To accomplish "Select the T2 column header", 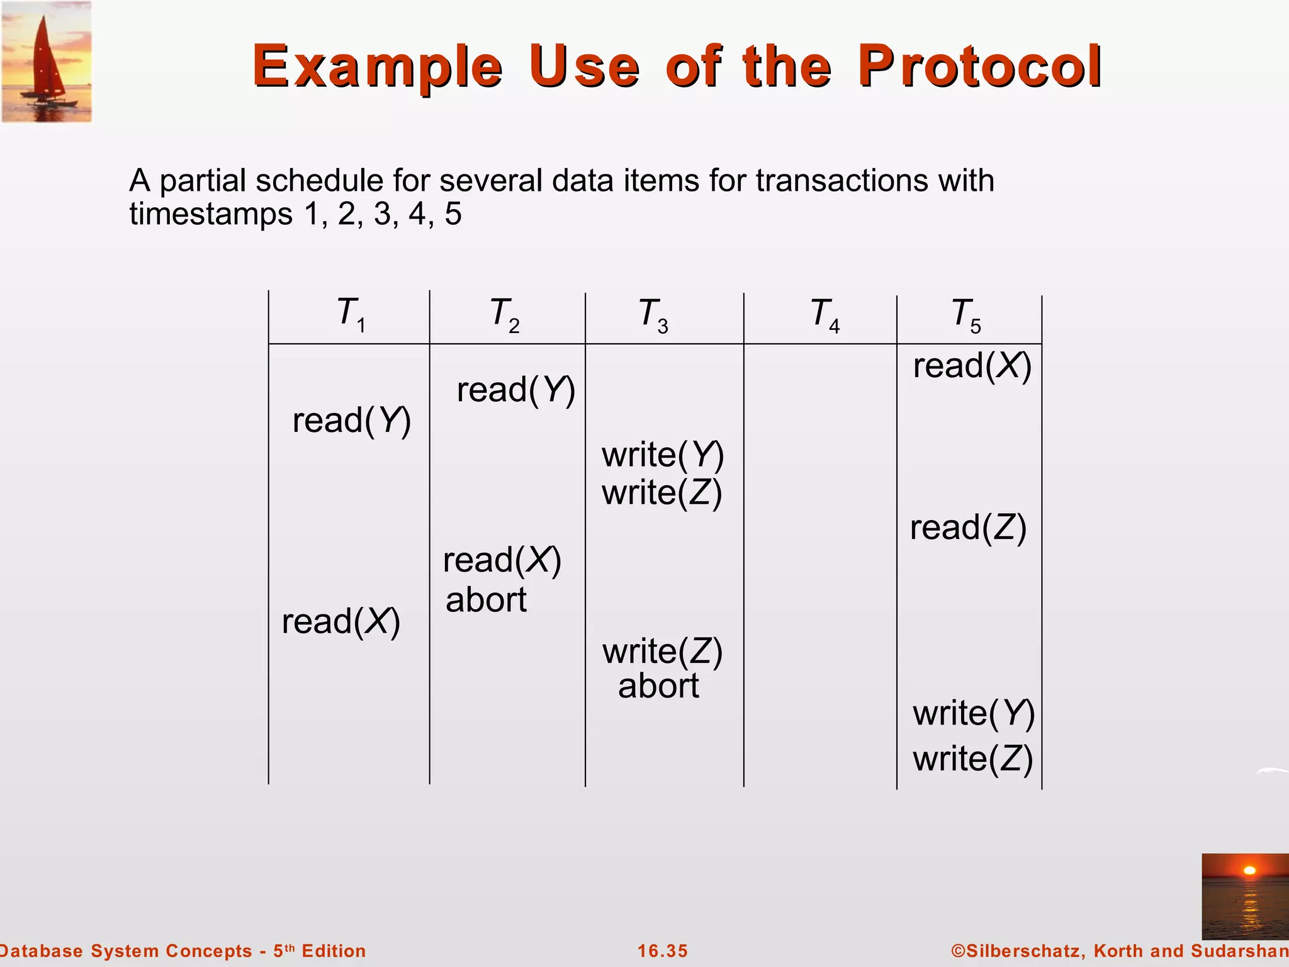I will (x=504, y=315).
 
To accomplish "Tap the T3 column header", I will (x=653, y=315).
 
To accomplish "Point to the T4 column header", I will (x=825, y=315).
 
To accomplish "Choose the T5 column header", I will (x=965, y=315).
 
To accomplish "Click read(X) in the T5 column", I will (x=972, y=366).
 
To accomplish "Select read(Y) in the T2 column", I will (x=515, y=390).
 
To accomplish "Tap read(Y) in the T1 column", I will (x=351, y=421).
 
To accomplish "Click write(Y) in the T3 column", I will (x=662, y=455).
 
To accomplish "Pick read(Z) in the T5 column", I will (x=968, y=528).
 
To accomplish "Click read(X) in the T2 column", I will (x=502, y=560).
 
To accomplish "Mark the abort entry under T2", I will (x=486, y=600).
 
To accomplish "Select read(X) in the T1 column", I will (x=341, y=622).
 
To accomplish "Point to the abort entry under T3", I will (x=658, y=686).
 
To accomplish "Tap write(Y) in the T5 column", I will (x=973, y=714).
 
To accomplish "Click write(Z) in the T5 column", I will (x=972, y=759).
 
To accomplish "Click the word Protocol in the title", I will (x=979, y=66).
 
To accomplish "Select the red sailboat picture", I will (x=47, y=61).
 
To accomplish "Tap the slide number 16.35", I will (x=662, y=951).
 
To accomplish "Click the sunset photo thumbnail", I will (x=1244, y=896).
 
